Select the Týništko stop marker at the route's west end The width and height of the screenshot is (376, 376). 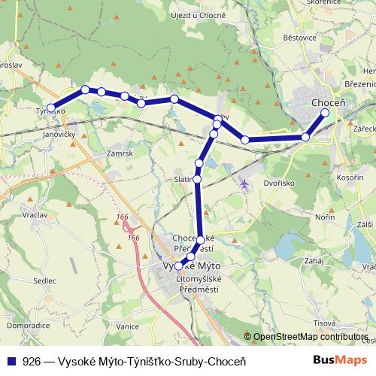tap(51, 108)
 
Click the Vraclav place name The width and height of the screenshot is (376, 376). tap(35, 214)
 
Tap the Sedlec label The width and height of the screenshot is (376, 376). tap(44, 280)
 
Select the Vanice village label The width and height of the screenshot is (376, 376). tap(128, 326)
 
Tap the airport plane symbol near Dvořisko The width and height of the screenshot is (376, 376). tap(243, 183)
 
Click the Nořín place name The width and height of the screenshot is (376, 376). tap(325, 217)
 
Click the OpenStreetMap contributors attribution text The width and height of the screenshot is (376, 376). tap(310, 338)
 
